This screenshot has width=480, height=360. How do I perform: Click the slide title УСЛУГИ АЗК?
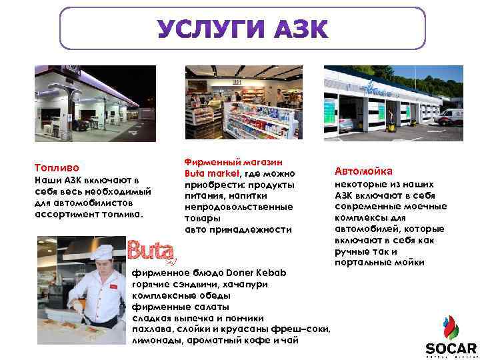coord(243,30)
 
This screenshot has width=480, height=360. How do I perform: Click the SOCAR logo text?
coord(451,349)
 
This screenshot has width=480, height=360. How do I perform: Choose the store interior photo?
coord(241,103)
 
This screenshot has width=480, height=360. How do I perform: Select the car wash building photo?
coord(393,103)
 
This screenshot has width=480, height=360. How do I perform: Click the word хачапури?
coord(247,284)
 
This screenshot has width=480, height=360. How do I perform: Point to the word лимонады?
coord(154,340)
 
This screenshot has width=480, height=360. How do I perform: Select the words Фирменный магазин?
coord(233,162)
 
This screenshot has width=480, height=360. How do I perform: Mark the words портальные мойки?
coord(379,263)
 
